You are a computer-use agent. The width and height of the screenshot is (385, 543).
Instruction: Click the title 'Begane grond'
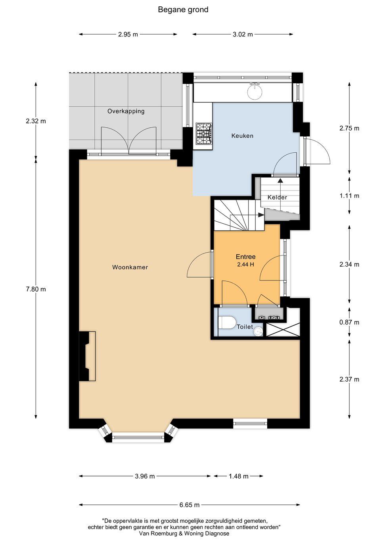(x=183, y=10)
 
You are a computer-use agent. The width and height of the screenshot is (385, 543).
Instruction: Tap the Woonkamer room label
(x=130, y=267)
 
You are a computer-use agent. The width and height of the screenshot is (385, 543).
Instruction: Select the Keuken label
(x=242, y=136)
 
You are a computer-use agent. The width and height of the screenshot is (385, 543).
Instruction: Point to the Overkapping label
(x=126, y=111)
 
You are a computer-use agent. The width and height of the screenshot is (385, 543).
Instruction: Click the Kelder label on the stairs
(x=277, y=198)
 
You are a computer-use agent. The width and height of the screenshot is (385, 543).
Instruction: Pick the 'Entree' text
(x=246, y=257)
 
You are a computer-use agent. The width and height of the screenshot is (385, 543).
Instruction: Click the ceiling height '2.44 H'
(x=246, y=265)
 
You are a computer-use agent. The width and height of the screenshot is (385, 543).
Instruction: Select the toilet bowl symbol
(x=227, y=322)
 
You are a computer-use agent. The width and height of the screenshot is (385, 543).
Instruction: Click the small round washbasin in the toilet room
(x=258, y=331)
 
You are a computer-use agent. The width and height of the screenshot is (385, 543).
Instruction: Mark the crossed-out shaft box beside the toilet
(x=283, y=330)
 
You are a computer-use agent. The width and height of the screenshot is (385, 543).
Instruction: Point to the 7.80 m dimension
(x=36, y=289)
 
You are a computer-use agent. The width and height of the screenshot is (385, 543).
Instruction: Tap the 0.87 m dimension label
(x=349, y=322)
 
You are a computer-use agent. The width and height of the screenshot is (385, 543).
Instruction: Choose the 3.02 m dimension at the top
(x=243, y=35)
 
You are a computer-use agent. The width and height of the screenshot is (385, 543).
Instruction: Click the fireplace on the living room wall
(x=87, y=356)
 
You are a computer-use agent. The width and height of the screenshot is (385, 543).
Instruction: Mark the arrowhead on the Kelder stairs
(x=280, y=180)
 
